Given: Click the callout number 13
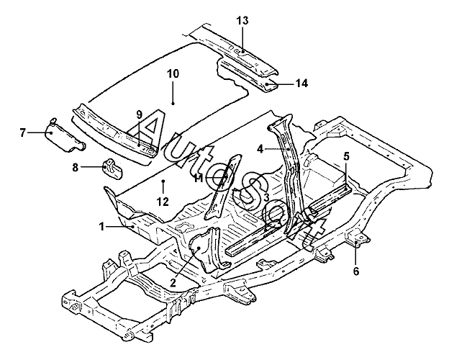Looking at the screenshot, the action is (242, 21).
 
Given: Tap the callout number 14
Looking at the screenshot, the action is (301, 84).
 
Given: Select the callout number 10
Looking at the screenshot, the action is (173, 73).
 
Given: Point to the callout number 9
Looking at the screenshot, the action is (140, 115).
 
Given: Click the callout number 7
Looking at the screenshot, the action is (23, 133).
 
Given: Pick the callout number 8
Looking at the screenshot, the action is (76, 167).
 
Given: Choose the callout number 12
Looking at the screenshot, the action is (163, 202).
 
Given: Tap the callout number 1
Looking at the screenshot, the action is (101, 226).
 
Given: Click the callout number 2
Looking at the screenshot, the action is (173, 282).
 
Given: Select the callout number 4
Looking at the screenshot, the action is (260, 149).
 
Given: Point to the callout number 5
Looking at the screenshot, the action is (347, 156).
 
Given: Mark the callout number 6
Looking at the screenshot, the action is (356, 271).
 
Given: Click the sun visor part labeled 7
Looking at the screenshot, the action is (65, 135).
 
